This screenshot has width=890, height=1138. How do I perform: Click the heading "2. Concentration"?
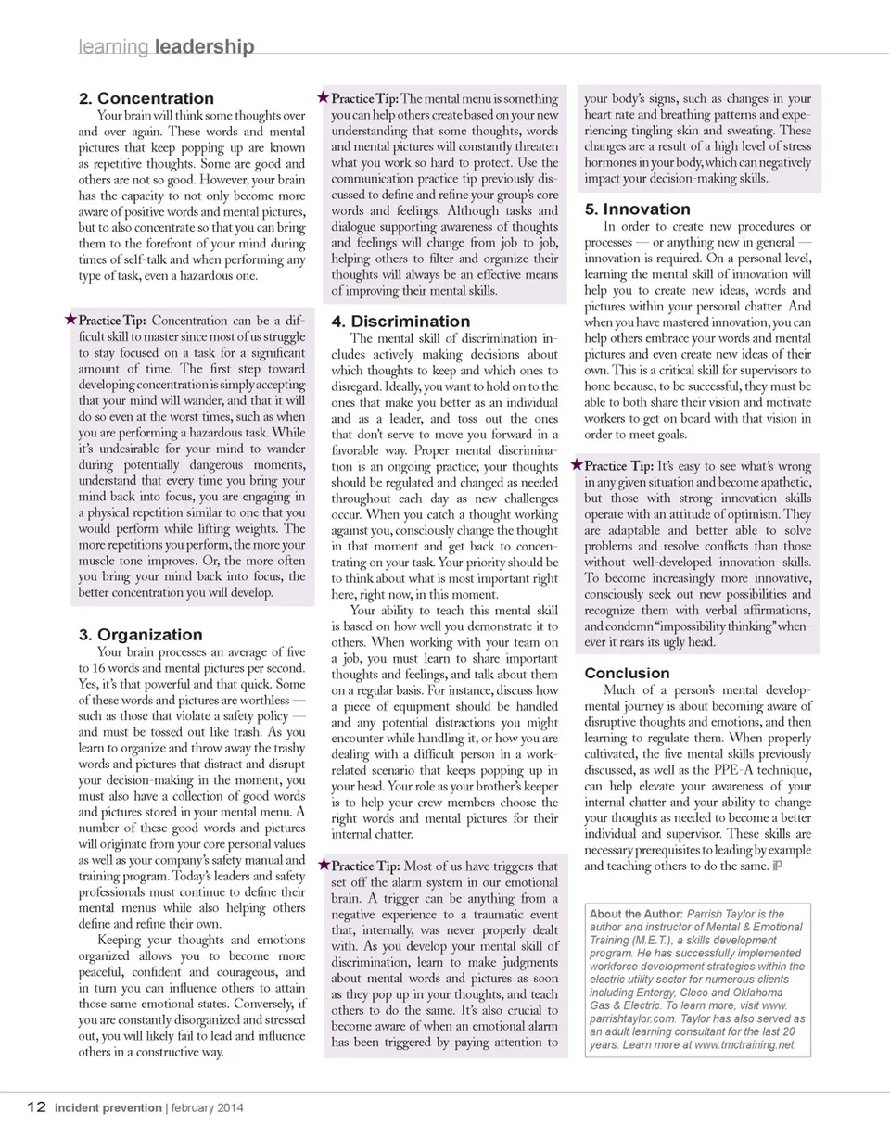[x=146, y=98]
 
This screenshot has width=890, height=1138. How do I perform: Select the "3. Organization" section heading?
[x=140, y=635]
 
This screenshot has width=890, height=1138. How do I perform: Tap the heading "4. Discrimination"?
[x=400, y=322]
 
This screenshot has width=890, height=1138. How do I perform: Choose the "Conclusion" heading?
[x=627, y=673]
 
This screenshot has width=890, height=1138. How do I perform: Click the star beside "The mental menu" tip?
[x=324, y=97]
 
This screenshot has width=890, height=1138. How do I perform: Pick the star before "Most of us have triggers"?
[x=324, y=865]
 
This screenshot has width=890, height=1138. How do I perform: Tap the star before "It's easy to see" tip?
[x=577, y=465]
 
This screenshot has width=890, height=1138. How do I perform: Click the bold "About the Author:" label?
[x=635, y=914]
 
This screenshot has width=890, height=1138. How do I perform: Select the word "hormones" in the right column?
[x=612, y=162]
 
